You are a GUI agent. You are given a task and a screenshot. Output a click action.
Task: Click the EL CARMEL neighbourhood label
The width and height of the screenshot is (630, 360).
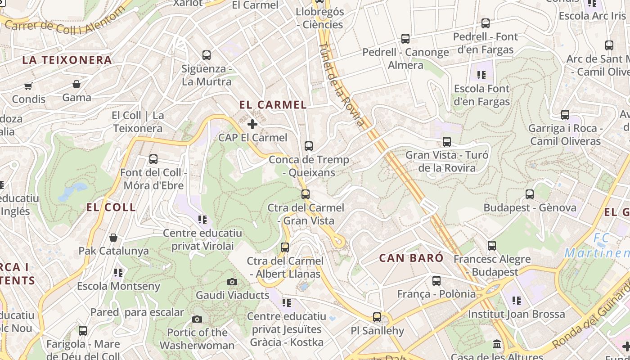(x=273, y=105)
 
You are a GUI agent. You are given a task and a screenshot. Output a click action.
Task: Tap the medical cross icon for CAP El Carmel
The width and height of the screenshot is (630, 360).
(x=252, y=124)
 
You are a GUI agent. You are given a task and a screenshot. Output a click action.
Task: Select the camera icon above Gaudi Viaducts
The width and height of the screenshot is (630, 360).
(x=232, y=282)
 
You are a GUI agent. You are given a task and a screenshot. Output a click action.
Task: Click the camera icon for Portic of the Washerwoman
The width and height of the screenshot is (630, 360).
(x=197, y=319)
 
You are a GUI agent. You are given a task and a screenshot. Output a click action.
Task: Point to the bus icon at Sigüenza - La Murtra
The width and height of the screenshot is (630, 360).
(x=207, y=55)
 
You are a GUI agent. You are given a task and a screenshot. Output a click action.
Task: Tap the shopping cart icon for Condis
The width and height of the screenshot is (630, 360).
(x=28, y=85)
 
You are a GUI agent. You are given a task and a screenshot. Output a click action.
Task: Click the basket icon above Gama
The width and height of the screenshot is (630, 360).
(x=76, y=84)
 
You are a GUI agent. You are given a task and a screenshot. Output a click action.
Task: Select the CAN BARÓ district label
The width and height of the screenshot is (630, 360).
(x=411, y=258)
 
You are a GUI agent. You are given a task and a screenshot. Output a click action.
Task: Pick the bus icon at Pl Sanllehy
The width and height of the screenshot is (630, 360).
(x=377, y=317)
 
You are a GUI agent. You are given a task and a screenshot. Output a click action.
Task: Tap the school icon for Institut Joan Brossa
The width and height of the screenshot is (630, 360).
(x=517, y=300)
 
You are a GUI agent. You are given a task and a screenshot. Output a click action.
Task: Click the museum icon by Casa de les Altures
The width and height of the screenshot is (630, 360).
(x=497, y=344)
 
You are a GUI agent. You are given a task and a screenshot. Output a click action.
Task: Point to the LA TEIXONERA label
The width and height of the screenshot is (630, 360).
(x=67, y=60)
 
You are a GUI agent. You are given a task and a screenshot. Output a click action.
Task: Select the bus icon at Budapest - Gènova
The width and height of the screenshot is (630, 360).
(x=530, y=194)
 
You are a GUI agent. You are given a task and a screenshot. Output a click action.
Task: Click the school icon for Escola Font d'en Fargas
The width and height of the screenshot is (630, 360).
(x=481, y=75)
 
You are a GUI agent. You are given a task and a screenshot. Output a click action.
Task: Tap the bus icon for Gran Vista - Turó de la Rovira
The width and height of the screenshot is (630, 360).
(x=447, y=142)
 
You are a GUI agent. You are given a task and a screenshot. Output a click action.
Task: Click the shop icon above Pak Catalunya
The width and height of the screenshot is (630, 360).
(x=113, y=237)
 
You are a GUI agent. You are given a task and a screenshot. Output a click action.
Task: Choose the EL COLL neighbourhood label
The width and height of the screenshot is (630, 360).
(x=111, y=207)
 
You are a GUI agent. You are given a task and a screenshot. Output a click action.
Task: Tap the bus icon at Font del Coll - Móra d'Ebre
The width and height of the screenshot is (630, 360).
(x=153, y=159)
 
